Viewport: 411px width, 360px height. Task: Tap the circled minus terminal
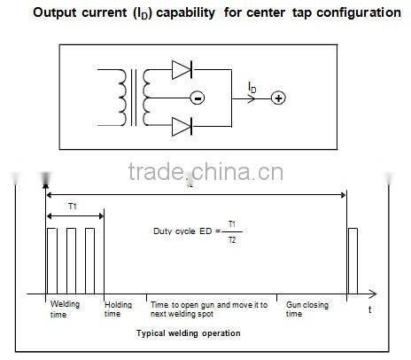pyautogui.click(x=197, y=98)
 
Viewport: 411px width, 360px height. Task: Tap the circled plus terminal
pyautogui.click(x=277, y=98)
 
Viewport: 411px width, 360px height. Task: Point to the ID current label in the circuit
pyautogui.click(x=253, y=86)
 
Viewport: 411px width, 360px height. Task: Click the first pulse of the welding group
pyautogui.click(x=53, y=261)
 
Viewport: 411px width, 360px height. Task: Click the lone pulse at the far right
pyautogui.click(x=353, y=261)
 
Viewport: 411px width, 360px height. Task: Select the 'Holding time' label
pyautogui.click(x=119, y=309)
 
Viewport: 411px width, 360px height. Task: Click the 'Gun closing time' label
pyautogui.click(x=306, y=309)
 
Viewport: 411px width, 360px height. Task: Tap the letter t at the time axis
pyautogui.click(x=369, y=309)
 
